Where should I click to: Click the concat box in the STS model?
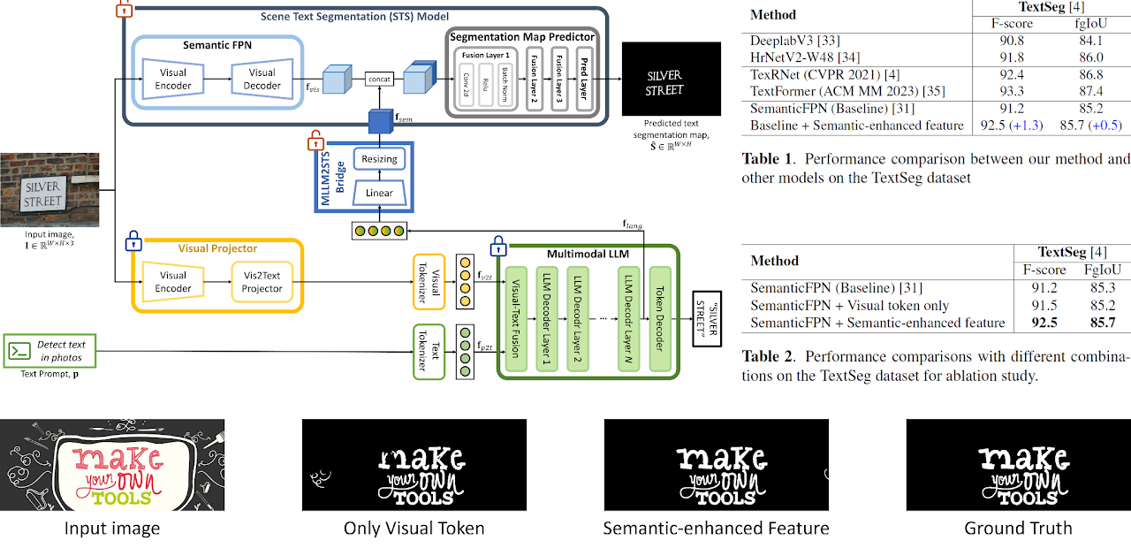[379, 80]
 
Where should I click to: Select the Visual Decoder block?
[262, 79]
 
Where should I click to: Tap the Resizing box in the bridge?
[380, 159]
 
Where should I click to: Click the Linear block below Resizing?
[380, 193]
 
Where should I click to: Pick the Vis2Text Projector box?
[262, 281]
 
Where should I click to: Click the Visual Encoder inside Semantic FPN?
[173, 79]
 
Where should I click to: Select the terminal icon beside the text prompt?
[19, 351]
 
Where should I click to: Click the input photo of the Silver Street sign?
[42, 190]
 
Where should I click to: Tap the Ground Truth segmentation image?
[1018, 465]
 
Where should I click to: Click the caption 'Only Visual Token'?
[414, 529]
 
